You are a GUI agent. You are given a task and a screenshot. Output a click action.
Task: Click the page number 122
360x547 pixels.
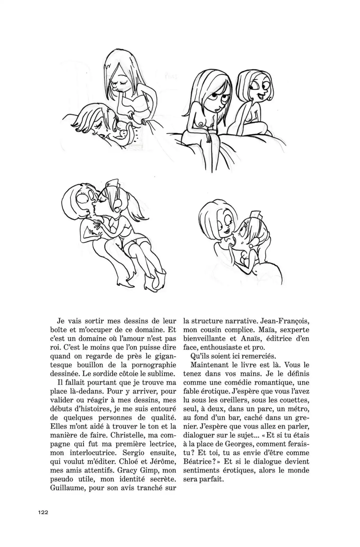(x=43, y=512)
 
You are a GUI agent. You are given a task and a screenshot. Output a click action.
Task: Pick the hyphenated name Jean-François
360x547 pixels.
(x=284, y=321)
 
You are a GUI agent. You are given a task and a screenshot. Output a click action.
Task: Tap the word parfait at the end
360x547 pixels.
(x=211, y=480)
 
